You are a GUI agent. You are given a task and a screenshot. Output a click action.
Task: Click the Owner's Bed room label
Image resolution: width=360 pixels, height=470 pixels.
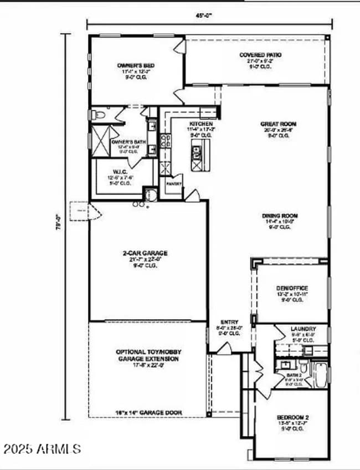[136, 65]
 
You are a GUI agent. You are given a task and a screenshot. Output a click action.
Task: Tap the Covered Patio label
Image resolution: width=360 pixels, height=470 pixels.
[260, 55]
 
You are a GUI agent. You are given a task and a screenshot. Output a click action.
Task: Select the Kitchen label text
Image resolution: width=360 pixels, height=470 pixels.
[200, 124]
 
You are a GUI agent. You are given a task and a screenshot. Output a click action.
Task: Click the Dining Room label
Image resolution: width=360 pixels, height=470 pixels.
[281, 216]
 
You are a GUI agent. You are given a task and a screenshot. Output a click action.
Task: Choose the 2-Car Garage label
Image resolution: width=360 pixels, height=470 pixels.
[145, 253]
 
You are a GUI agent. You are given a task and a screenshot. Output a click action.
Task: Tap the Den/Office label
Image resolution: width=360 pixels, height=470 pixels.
[291, 288]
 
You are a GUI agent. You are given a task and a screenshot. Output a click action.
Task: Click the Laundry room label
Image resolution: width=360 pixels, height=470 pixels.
[303, 329]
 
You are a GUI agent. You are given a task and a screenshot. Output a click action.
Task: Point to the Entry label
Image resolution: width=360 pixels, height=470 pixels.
[229, 322]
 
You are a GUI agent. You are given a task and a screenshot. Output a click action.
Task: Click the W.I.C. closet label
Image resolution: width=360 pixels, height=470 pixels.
[121, 171]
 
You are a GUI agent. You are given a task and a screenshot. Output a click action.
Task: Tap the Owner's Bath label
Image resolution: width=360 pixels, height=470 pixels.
[128, 142]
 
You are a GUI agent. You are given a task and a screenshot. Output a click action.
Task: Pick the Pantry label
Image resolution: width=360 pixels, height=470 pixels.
[173, 183]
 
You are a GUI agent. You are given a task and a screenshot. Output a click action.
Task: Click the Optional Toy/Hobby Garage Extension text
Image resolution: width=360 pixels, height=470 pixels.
[148, 355]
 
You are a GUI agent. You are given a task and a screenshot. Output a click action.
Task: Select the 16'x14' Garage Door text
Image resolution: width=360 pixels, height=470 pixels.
[148, 412]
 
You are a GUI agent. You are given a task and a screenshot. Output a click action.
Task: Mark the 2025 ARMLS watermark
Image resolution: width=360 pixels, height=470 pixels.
[42, 448]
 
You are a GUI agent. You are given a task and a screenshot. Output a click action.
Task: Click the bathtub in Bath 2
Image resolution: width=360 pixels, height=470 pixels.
[321, 374]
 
